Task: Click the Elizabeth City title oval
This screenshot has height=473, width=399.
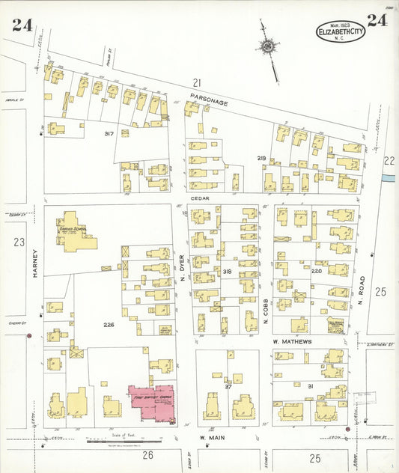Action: click(341, 31)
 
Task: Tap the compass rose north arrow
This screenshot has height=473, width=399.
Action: click(267, 46)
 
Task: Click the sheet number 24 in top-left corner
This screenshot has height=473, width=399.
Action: click(22, 25)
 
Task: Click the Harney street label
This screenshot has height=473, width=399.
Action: click(34, 263)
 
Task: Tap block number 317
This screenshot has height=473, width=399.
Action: click(109, 133)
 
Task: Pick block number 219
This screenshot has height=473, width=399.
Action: click(261, 158)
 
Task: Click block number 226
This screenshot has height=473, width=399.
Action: click(109, 324)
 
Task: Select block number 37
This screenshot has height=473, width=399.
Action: click(228, 386)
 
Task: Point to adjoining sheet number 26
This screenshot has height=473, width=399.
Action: click(147, 455)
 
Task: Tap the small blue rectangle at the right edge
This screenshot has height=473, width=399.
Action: click(388, 178)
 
